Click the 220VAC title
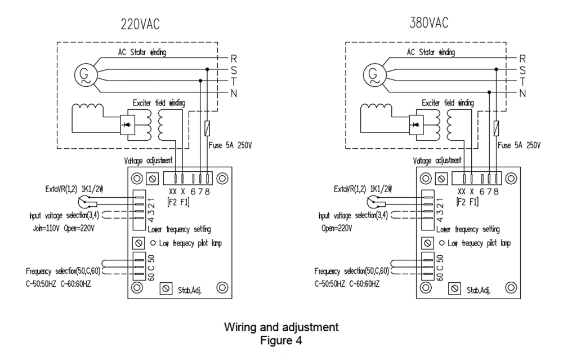tap(140, 24)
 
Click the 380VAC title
tap(428, 23)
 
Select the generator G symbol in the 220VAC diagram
tap(86, 75)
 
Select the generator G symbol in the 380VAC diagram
tap(374, 75)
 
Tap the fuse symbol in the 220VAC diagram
tap(207, 128)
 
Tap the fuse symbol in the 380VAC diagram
tap(496, 128)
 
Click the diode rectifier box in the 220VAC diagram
tap(127, 125)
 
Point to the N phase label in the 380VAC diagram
tap(522, 94)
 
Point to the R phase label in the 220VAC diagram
tap(234, 59)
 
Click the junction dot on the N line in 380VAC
tap(489, 92)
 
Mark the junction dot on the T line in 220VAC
tap(200, 81)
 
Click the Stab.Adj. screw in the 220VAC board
tap(166, 288)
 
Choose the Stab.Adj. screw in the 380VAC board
tap(454, 288)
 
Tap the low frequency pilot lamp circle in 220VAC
tap(153, 243)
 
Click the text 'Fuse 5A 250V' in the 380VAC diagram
tap(519, 145)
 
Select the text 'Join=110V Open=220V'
tap(64, 228)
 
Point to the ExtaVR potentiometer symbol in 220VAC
tap(84, 201)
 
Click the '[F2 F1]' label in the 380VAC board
tap(467, 202)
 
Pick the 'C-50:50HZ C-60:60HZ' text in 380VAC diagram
tap(347, 284)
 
